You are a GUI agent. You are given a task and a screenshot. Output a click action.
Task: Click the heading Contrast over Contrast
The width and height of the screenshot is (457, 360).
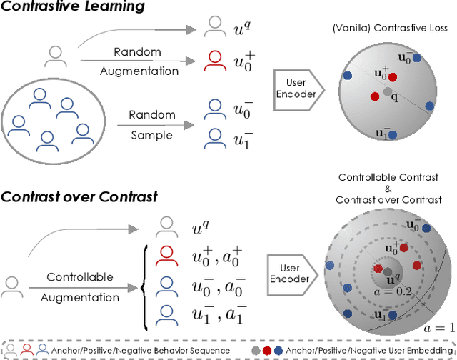79,196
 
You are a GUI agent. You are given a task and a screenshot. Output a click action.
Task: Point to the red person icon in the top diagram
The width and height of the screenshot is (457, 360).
213,60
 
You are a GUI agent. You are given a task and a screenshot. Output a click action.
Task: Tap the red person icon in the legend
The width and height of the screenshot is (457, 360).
26,350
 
